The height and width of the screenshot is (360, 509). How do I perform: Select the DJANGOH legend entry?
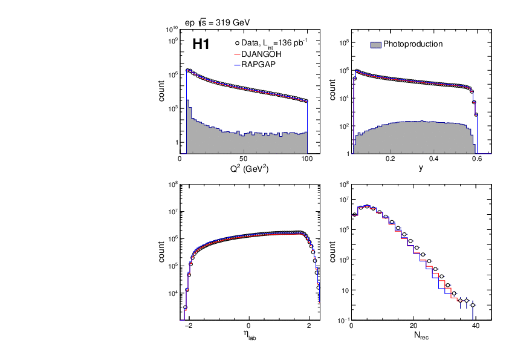tap(261, 54)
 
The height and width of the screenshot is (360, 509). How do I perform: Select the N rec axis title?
tap(421, 335)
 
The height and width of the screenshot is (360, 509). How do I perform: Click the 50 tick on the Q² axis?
tap(244, 159)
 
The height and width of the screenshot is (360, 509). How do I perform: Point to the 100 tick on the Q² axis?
tap(307, 159)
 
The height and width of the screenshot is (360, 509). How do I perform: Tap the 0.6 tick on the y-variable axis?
tap(477, 159)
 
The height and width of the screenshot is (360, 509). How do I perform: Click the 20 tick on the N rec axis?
tap(413, 325)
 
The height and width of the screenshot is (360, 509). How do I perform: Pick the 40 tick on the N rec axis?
tap(476, 325)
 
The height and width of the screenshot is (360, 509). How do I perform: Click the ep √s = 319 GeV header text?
tap(217, 22)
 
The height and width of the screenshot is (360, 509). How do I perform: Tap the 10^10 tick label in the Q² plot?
tap(171, 29)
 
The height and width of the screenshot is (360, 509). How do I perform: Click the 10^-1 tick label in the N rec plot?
tap(343, 319)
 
